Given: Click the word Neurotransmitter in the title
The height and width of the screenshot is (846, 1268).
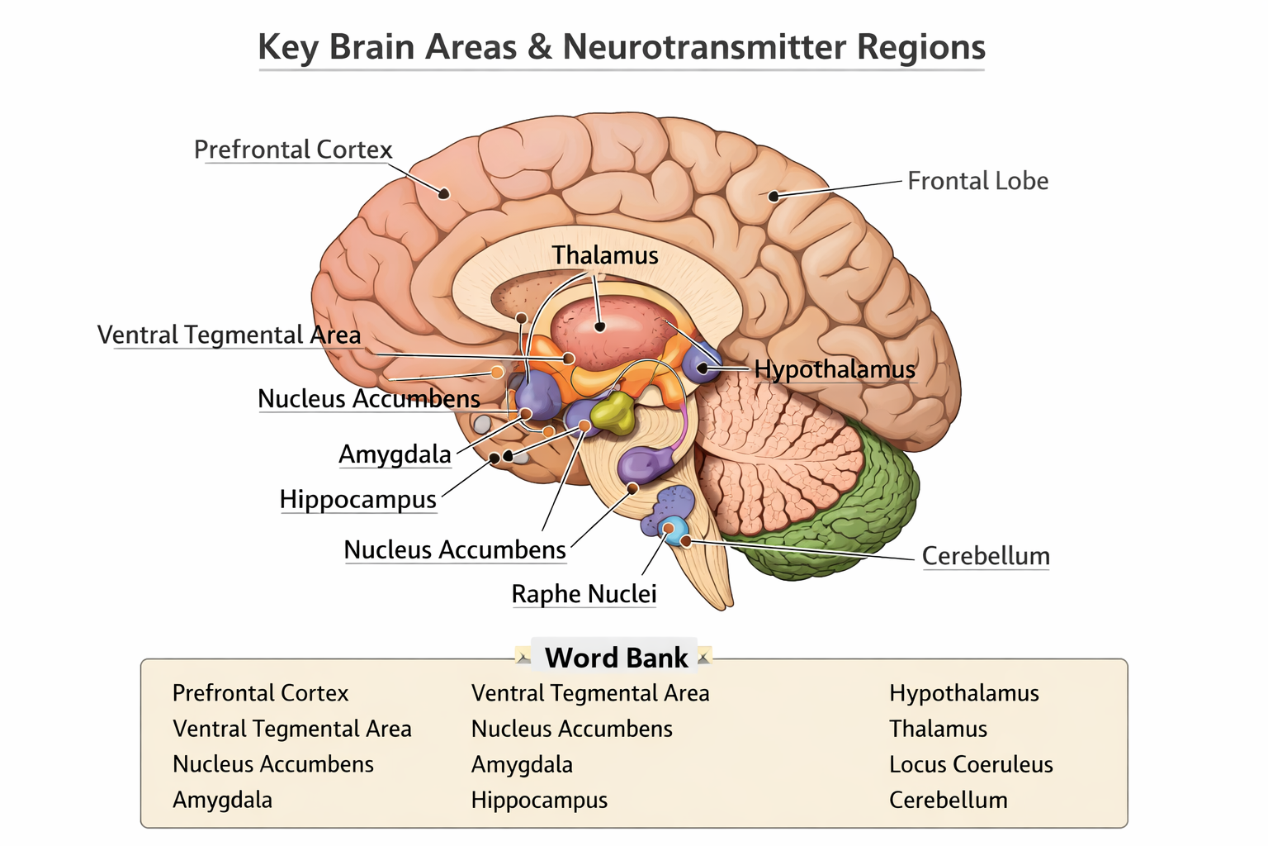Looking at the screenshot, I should (x=704, y=47).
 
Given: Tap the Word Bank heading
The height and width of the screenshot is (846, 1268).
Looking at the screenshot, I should (x=616, y=658).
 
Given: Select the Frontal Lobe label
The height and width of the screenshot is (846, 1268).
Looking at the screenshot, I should (x=977, y=181).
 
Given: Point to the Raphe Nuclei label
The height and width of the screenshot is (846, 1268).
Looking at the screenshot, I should (x=584, y=594).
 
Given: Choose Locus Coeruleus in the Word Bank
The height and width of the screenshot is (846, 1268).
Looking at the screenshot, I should (x=971, y=764).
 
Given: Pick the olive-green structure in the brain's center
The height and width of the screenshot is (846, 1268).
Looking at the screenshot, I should (x=613, y=412).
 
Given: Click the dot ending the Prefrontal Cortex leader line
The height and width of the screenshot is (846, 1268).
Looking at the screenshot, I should (x=444, y=194).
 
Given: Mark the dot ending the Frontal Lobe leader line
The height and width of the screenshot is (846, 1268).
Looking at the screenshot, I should (x=774, y=196).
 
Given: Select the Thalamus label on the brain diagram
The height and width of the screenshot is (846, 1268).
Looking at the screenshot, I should (x=605, y=255).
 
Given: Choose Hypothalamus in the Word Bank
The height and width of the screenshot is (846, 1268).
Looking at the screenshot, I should (x=963, y=693).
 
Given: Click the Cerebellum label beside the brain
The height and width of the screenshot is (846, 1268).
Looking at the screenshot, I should (x=986, y=556).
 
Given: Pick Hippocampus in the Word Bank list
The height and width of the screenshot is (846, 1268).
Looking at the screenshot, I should (x=539, y=800).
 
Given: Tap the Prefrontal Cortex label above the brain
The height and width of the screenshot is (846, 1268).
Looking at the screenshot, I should (x=293, y=150).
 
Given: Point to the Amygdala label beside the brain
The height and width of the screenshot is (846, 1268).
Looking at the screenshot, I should (x=395, y=454).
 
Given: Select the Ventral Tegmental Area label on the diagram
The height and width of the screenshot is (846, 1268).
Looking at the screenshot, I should (x=229, y=335).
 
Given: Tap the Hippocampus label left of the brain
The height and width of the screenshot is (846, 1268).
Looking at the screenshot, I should (x=357, y=500).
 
